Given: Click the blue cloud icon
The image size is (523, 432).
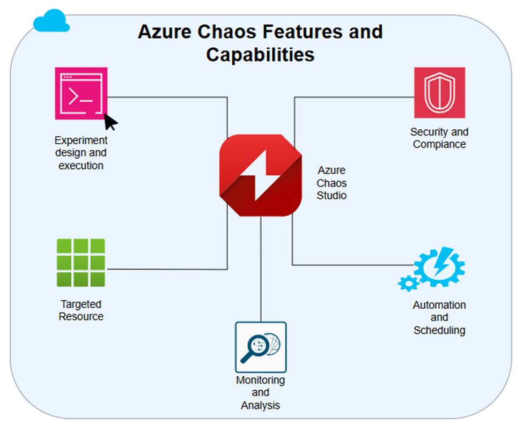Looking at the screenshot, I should click(x=51, y=22).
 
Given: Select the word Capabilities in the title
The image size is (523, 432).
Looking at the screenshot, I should click(x=260, y=54).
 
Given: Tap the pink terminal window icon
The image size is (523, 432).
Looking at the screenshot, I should click(x=81, y=93).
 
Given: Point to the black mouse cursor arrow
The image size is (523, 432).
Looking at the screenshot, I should click(x=110, y=122).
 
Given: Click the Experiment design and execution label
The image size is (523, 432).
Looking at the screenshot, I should click(x=81, y=153).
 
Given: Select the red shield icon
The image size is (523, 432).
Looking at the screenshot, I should click(x=439, y=93).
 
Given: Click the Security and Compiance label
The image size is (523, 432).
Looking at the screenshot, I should click(x=439, y=138).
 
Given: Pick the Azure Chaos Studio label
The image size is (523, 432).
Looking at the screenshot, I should click(x=332, y=183).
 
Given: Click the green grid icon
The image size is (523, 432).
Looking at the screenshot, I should click(x=81, y=263).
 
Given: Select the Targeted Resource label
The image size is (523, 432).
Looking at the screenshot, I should click(x=81, y=310).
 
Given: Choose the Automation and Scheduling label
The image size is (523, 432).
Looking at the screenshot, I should click(x=439, y=317).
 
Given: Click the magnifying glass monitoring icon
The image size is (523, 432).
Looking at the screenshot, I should click(x=261, y=347).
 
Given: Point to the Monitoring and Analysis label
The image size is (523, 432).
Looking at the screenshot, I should click(x=261, y=392).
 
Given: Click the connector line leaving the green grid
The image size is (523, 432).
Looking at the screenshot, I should click(x=166, y=269).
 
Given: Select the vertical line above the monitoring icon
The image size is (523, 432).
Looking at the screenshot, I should click(x=261, y=268).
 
